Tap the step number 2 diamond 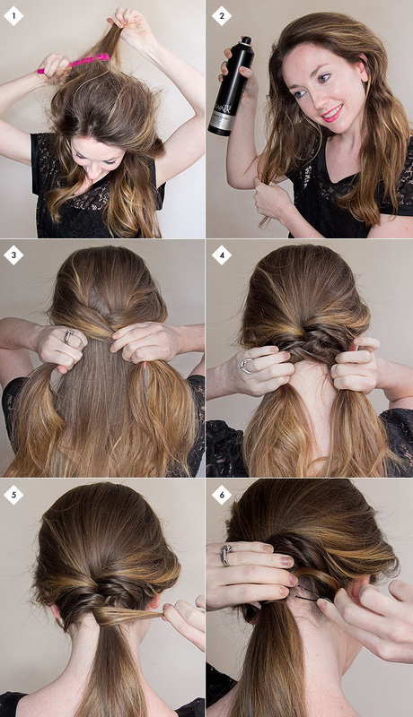click(x=221, y=15)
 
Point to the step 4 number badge click(x=221, y=255)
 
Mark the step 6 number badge click(x=221, y=494)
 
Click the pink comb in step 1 click(x=74, y=64)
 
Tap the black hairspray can click(x=229, y=90)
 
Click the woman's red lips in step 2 click(x=332, y=113)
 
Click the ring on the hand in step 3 click(x=67, y=337)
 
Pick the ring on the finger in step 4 click(x=246, y=365)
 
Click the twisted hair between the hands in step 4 click(x=310, y=355)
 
